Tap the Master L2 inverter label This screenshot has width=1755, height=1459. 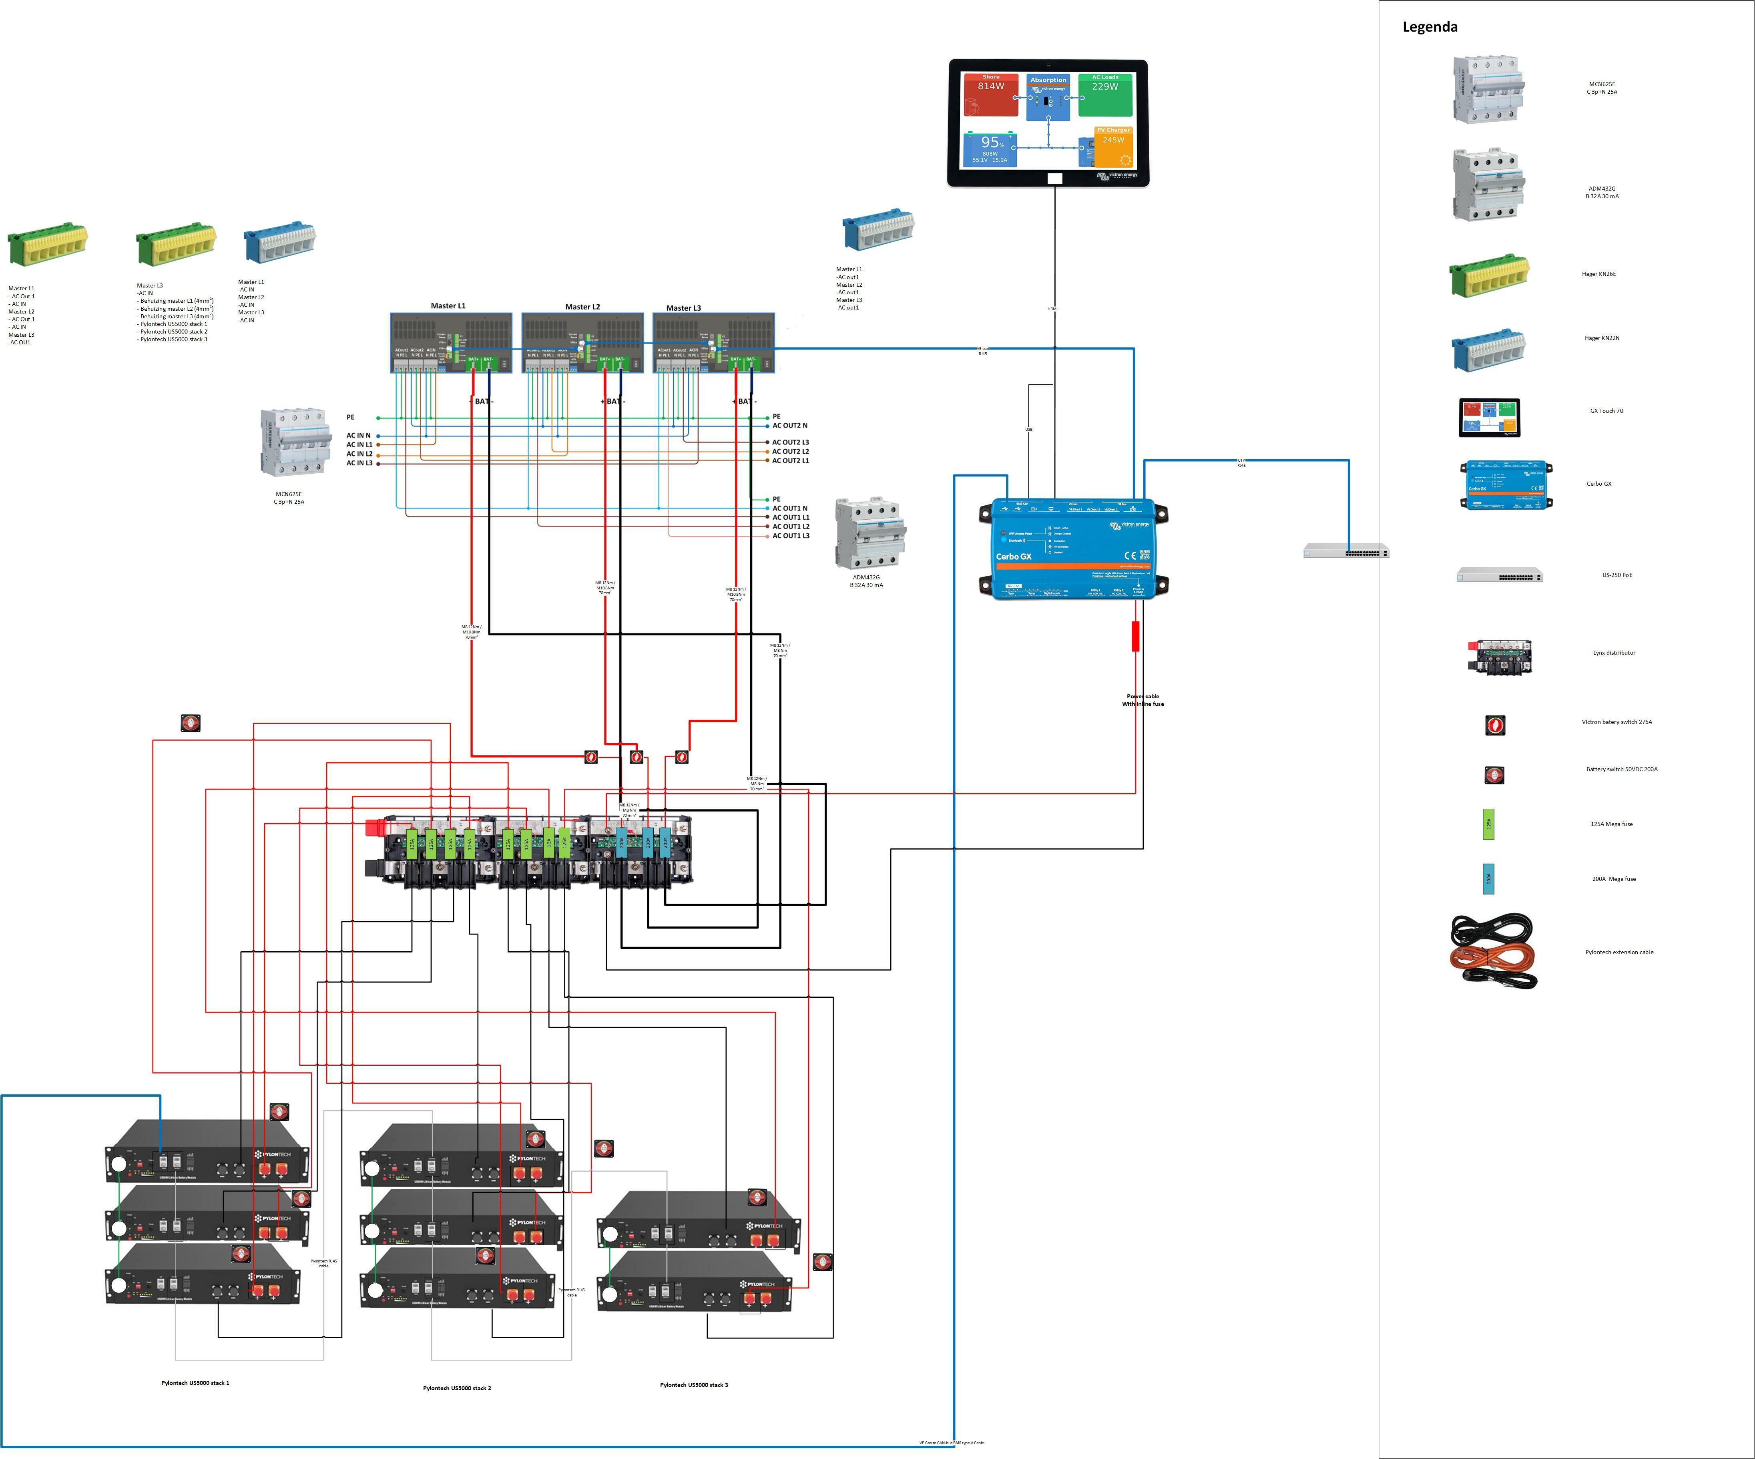[x=582, y=307]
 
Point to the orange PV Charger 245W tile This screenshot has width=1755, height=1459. [x=1113, y=146]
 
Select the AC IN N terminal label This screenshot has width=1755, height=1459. [x=359, y=435]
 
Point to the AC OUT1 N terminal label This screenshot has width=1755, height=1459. [x=790, y=508]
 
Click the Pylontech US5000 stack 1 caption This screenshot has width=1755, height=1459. [x=195, y=1383]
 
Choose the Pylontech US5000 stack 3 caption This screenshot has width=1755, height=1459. [x=694, y=1385]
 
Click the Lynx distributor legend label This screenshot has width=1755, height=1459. [x=1614, y=653]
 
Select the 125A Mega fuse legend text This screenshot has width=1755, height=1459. [x=1611, y=824]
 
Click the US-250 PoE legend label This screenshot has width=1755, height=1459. [x=1616, y=575]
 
